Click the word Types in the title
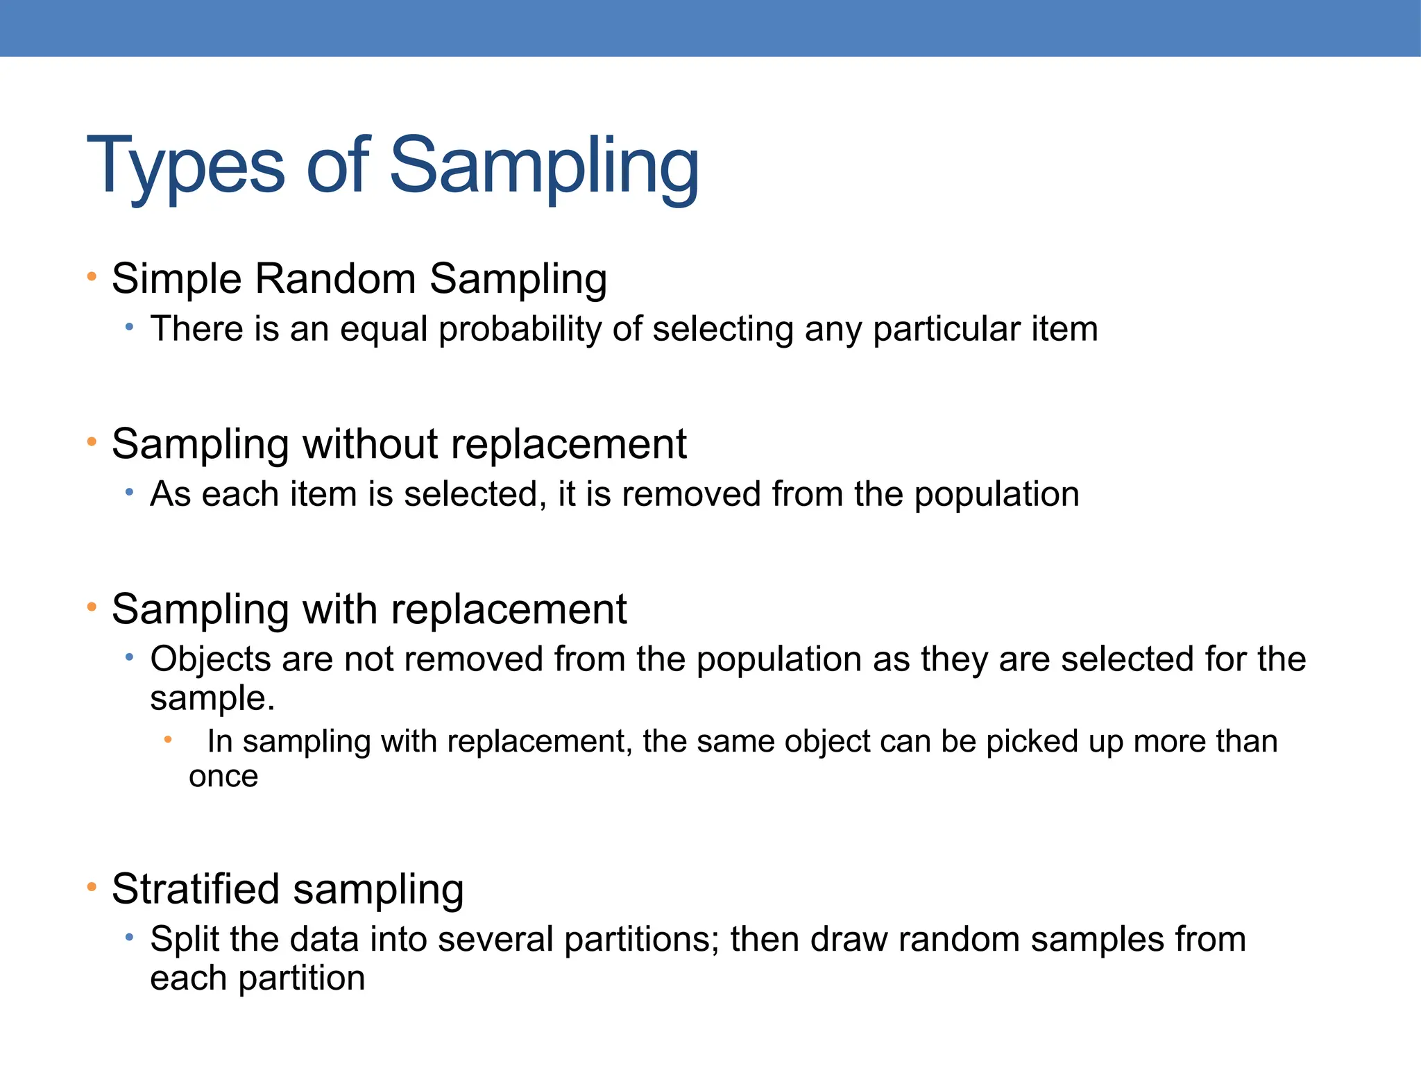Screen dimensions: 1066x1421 click(185, 167)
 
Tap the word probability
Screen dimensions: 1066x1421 click(520, 329)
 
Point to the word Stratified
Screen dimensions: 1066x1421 click(196, 889)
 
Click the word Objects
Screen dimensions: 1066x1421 click(210, 659)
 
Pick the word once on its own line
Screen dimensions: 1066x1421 click(223, 777)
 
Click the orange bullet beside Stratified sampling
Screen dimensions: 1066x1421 click(92, 888)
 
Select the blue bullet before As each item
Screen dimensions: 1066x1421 click(129, 493)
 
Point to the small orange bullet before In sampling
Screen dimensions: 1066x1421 click(167, 741)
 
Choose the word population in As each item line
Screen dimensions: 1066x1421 click(996, 495)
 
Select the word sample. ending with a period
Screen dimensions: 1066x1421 click(212, 698)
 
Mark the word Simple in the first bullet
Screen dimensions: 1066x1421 click(177, 279)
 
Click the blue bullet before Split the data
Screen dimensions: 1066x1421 click(129, 938)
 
